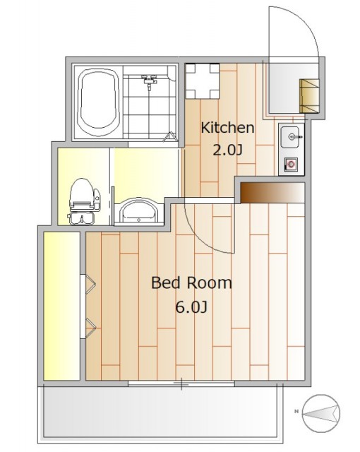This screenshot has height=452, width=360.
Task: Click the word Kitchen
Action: pyautogui.click(x=227, y=128)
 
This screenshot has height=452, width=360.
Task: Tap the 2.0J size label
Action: pyautogui.click(x=227, y=150)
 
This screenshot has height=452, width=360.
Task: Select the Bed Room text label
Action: pyautogui.click(x=191, y=282)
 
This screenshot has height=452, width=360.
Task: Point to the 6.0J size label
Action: pyautogui.click(x=191, y=307)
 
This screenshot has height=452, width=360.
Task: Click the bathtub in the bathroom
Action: pyautogui.click(x=100, y=102)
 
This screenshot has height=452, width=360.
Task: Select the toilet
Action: pyautogui.click(x=84, y=201)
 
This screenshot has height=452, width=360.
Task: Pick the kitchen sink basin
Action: pyautogui.click(x=292, y=137)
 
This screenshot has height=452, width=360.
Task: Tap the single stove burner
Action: pyautogui.click(x=291, y=165)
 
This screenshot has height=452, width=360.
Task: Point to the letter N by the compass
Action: pyautogui.click(x=296, y=411)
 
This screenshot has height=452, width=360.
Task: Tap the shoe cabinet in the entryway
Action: pyautogui.click(x=309, y=96)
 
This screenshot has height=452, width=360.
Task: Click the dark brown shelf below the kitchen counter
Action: pyautogui.click(x=272, y=192)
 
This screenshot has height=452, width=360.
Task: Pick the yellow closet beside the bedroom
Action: pyautogui.click(x=61, y=306)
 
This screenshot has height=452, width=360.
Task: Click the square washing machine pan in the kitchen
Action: pyautogui.click(x=203, y=81)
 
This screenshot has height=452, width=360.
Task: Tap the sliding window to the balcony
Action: pyautogui.click(x=181, y=383)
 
